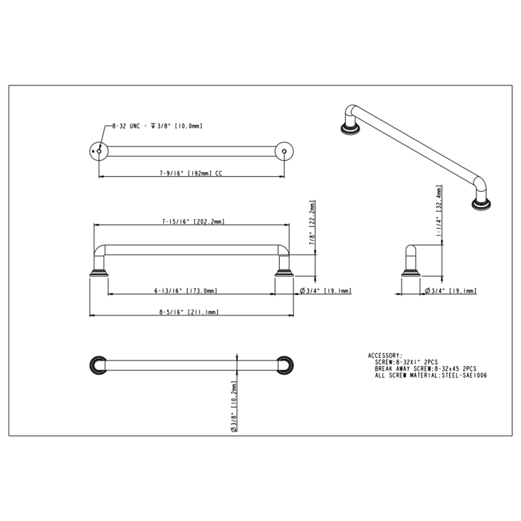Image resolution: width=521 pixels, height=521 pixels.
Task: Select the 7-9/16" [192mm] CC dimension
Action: [191, 173]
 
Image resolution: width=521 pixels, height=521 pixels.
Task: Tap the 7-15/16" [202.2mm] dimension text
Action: [193, 221]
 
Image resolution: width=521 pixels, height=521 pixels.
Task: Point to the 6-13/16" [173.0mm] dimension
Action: [185, 291]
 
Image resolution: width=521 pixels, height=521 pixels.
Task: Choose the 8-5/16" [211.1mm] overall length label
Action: [189, 312]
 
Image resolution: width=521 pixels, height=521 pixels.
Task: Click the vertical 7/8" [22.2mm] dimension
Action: [312, 222]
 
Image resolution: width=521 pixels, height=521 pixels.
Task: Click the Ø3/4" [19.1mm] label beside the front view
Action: [326, 291]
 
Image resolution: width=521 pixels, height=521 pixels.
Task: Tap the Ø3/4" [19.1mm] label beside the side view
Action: [451, 291]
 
